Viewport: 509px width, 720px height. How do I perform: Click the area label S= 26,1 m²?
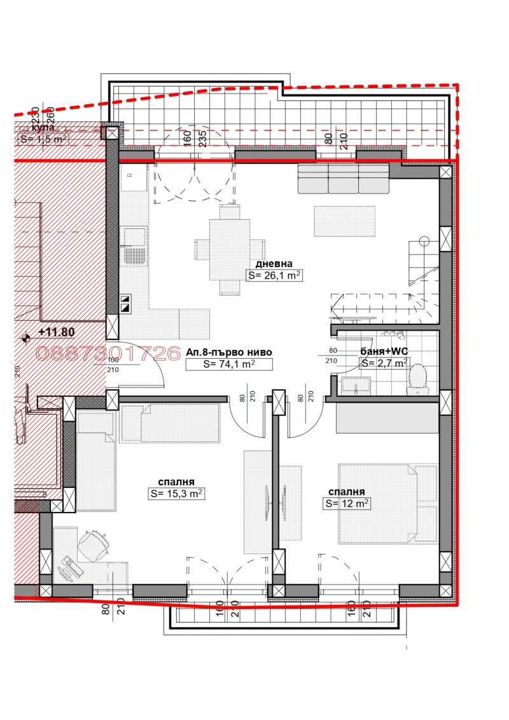click(x=274, y=276)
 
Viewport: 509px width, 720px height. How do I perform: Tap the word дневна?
click(x=274, y=264)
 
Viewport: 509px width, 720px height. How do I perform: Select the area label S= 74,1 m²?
click(x=229, y=364)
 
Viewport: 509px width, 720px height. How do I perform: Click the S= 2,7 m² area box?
click(x=384, y=363)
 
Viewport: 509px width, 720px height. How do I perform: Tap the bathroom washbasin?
click(x=356, y=384)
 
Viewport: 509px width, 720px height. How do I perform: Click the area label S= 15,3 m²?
click(x=177, y=493)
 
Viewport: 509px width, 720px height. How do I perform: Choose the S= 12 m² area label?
click(x=347, y=503)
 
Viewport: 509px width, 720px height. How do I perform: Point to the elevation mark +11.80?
click(x=57, y=331)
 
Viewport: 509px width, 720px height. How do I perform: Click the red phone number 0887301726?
click(x=108, y=354)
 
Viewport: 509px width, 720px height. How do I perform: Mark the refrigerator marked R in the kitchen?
click(x=133, y=179)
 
